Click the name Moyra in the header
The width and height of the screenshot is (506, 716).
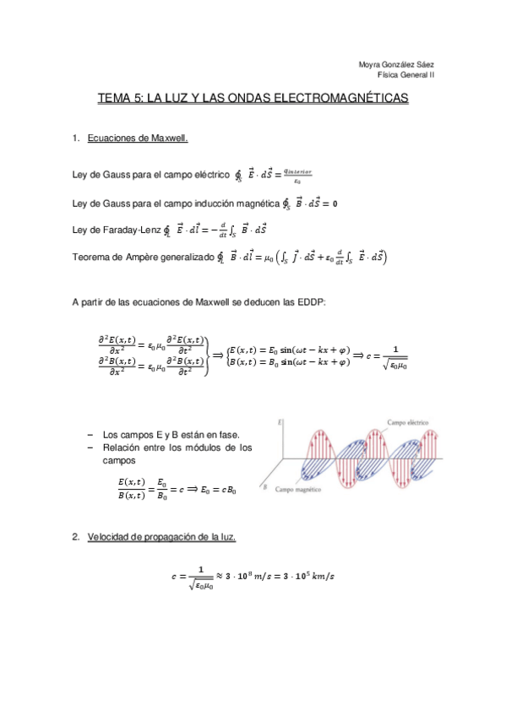(x=371, y=65)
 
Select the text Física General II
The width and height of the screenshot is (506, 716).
(x=405, y=75)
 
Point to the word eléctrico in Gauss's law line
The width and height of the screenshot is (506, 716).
(x=209, y=175)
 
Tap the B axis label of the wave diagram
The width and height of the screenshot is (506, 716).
(x=266, y=488)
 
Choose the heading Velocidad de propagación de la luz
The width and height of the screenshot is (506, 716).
(x=161, y=538)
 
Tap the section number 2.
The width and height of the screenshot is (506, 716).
(x=75, y=538)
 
